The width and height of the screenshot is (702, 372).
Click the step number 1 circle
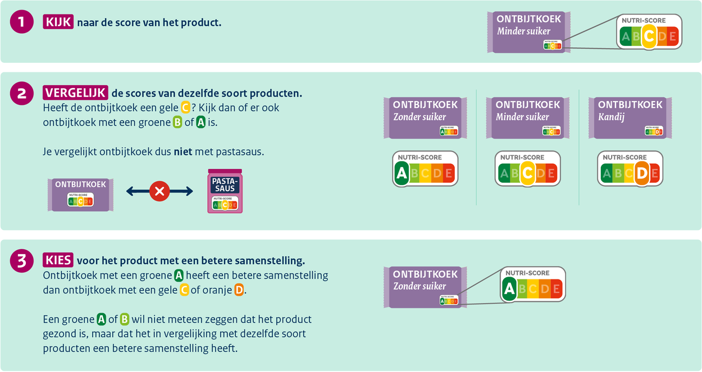tap(22, 22)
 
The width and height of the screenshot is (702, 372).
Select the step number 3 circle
tap(22, 261)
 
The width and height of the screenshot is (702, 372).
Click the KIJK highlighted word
tap(58, 22)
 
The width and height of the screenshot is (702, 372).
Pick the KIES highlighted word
tap(58, 260)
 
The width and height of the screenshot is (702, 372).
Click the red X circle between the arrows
tap(159, 191)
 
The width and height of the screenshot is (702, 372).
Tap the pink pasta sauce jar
tap(225, 194)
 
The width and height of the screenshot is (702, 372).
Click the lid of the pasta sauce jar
tap(225, 172)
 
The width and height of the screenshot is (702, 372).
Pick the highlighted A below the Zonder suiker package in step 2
tap(401, 173)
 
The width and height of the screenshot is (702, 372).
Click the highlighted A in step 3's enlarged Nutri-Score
tap(509, 289)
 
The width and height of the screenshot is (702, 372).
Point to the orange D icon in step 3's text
tap(239, 290)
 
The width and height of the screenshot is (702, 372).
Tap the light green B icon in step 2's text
tap(177, 122)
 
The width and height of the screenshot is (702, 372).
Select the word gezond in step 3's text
tap(58, 334)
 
